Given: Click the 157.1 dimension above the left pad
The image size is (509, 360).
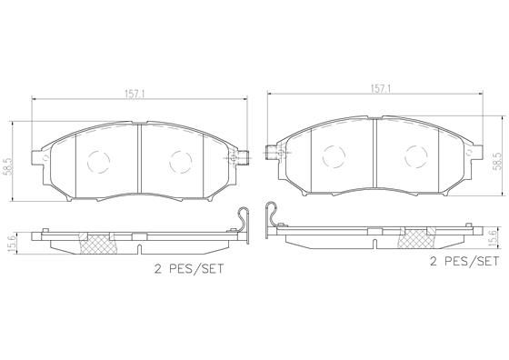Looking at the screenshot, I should (137, 92).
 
